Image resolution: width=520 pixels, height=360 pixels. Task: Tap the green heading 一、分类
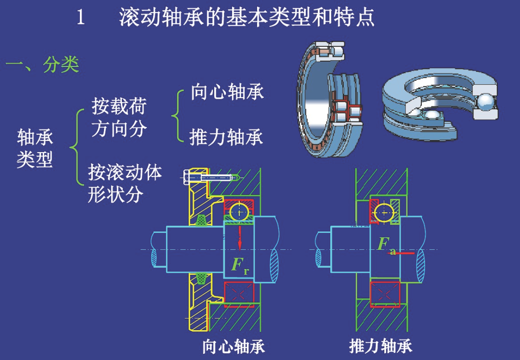42,64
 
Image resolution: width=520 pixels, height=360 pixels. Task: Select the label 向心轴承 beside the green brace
227,92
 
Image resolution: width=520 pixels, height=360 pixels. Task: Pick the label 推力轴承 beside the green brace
226,138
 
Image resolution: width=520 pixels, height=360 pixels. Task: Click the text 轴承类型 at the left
35,148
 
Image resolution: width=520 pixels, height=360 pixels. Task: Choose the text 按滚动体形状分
125,183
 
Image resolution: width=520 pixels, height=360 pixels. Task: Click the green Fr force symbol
239,265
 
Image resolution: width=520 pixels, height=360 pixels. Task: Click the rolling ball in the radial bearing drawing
239,211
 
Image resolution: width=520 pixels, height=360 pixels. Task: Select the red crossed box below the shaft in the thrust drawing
385,294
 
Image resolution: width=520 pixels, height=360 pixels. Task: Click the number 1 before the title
81,18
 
